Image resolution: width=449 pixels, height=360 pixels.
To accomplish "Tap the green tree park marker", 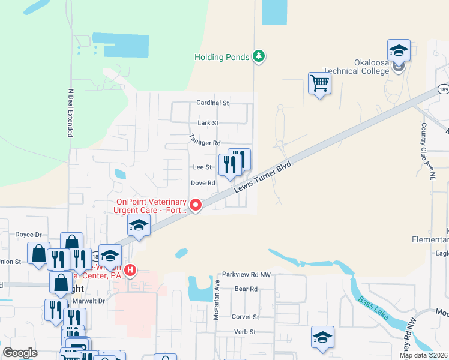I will pos(259,56).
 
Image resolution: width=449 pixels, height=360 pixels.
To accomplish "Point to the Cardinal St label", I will pos(213,103).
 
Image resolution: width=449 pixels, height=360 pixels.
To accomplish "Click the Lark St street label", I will pos(208,122).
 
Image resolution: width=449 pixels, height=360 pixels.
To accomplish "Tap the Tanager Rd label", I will pos(205,142).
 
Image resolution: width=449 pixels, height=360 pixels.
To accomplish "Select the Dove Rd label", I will pos(203,182).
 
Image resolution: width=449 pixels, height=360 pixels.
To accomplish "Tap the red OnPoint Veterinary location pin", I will pos(196,206).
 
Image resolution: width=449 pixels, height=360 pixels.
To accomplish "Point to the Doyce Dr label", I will pos(28,235).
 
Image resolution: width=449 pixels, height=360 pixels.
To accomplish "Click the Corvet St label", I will pos(246,316).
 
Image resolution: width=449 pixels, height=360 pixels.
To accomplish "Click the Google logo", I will pos(20,353).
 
